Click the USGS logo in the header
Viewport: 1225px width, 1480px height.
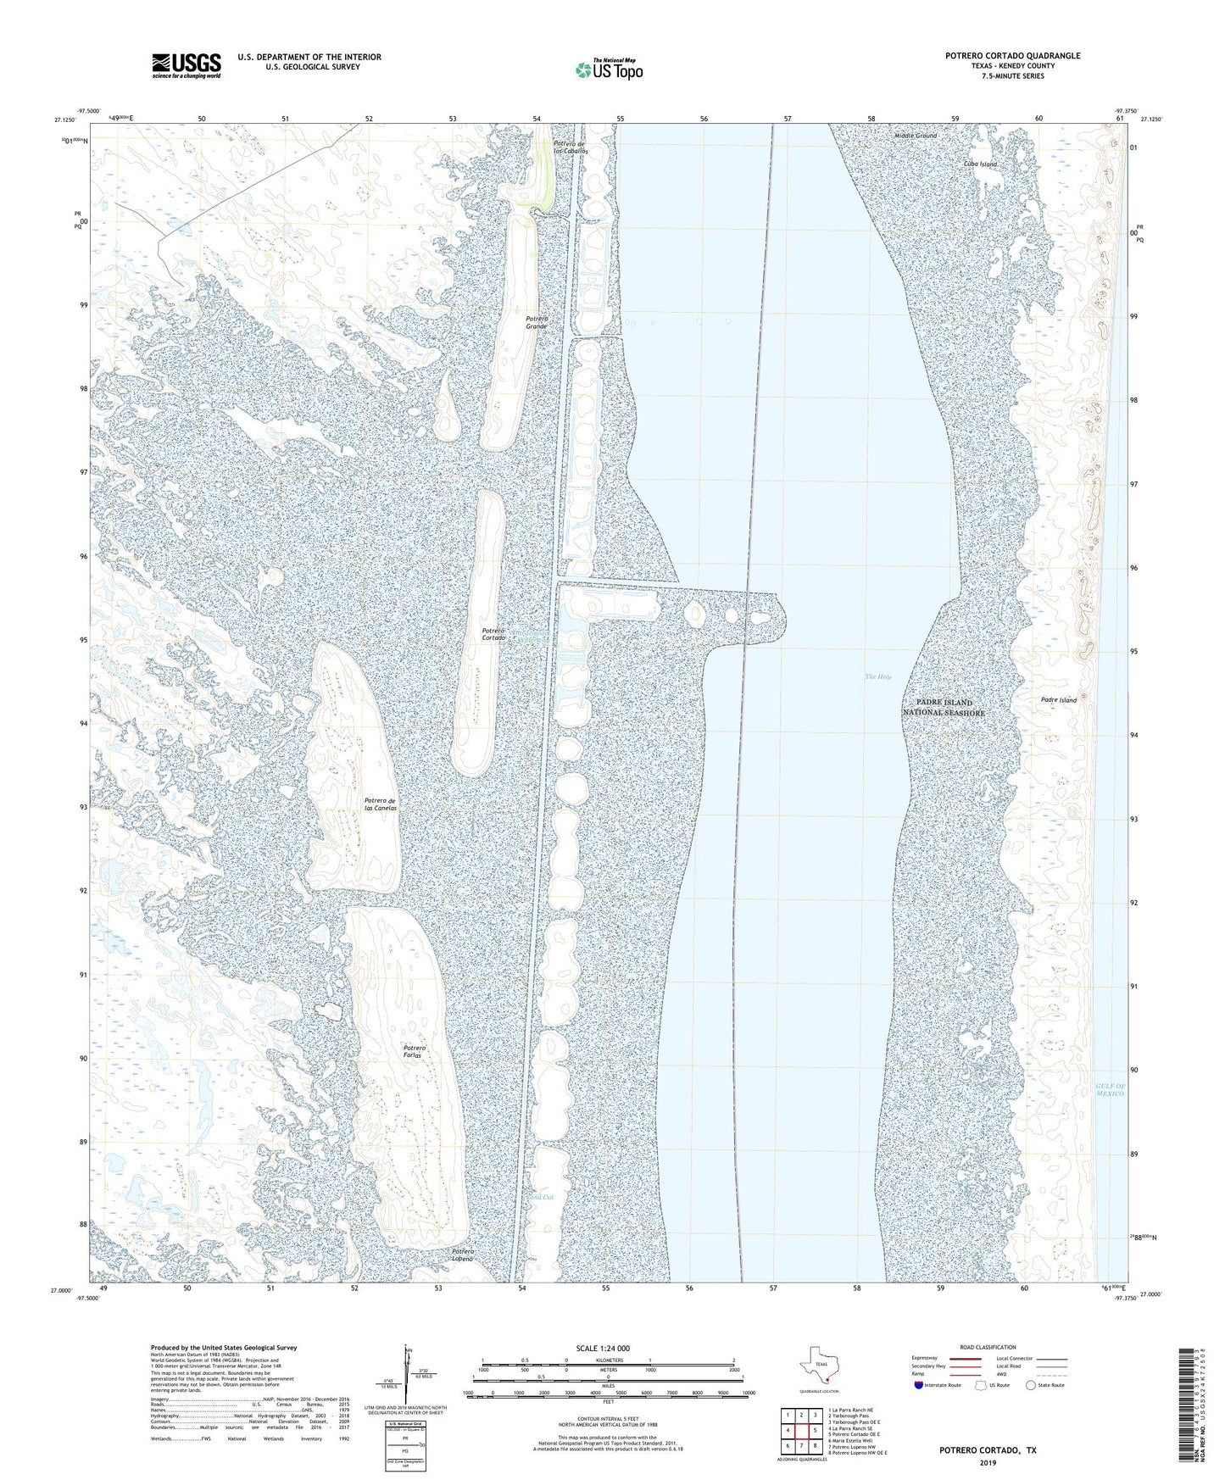pyautogui.click(x=186, y=65)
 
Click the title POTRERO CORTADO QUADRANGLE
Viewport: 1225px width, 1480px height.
pyautogui.click(x=1012, y=56)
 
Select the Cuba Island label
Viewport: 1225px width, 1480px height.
pyautogui.click(x=980, y=164)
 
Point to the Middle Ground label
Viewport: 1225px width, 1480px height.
pyautogui.click(x=916, y=136)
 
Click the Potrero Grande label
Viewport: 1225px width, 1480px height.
pyautogui.click(x=536, y=322)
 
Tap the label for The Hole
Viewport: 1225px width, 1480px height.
pyautogui.click(x=877, y=676)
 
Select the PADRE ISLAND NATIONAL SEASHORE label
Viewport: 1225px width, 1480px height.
pyautogui.click(x=944, y=708)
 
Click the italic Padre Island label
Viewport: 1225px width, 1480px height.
pyautogui.click(x=1058, y=700)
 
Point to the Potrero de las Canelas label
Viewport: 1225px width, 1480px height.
pyautogui.click(x=380, y=804)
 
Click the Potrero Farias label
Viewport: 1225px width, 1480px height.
pyautogui.click(x=414, y=1052)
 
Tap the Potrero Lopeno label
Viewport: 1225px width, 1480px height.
pyautogui.click(x=462, y=1255)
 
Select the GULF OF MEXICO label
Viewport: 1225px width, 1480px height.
pyautogui.click(x=1109, y=1090)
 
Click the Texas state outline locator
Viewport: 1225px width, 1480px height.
pyautogui.click(x=819, y=1366)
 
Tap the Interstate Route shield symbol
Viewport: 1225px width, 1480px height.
pyautogui.click(x=920, y=1385)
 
